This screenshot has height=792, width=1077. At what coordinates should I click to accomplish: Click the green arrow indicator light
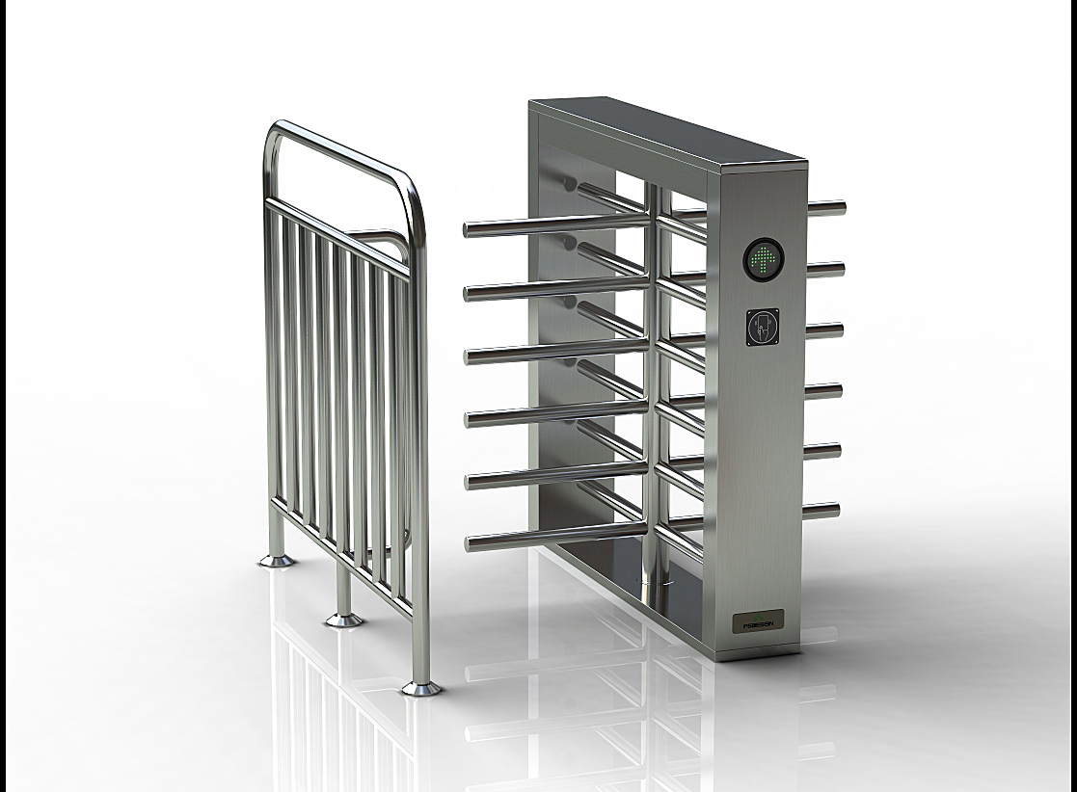pyautogui.click(x=764, y=257)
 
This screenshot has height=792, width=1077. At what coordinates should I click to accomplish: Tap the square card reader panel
pyautogui.click(x=764, y=327)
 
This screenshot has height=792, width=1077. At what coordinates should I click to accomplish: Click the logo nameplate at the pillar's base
pyautogui.click(x=759, y=620)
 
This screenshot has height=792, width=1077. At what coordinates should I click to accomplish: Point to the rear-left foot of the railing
pyautogui.click(x=277, y=559)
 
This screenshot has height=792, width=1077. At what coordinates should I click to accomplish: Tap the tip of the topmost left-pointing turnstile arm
pyautogui.click(x=470, y=229)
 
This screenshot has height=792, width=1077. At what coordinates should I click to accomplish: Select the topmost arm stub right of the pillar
pyautogui.click(x=826, y=207)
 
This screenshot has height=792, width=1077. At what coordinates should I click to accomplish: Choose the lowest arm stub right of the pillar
pyautogui.click(x=821, y=511)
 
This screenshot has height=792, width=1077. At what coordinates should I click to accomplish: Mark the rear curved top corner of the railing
pyautogui.click(x=274, y=135)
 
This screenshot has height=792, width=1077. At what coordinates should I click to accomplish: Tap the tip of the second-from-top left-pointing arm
pyautogui.click(x=470, y=292)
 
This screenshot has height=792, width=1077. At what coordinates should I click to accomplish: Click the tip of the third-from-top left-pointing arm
pyautogui.click(x=470, y=356)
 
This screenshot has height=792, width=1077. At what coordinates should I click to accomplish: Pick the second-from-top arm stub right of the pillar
pyautogui.click(x=826, y=270)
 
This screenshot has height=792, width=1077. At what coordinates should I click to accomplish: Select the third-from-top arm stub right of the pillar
pyautogui.click(x=825, y=330)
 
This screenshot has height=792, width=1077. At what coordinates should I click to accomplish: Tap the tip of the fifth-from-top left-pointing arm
pyautogui.click(x=471, y=482)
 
